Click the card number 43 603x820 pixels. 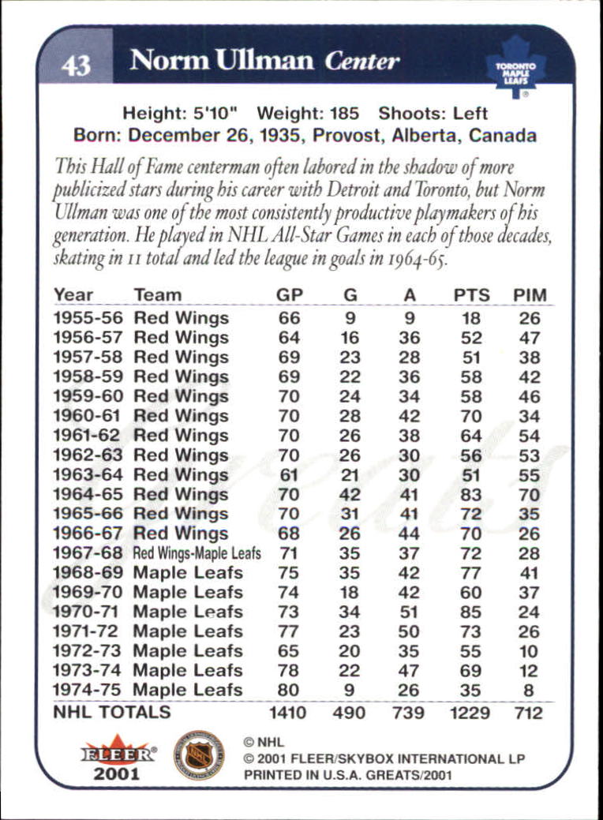(x=76, y=63)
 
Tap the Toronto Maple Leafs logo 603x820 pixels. (x=515, y=66)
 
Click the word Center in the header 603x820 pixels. (x=362, y=61)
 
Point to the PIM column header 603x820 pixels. (x=530, y=295)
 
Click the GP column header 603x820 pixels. (x=290, y=295)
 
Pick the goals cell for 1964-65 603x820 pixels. (x=350, y=495)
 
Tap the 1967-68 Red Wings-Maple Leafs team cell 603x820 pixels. (x=197, y=553)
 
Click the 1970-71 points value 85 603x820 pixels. (x=471, y=612)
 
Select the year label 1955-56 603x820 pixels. (x=86, y=318)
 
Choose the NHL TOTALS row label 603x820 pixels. (x=112, y=712)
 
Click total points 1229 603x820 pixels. (x=471, y=713)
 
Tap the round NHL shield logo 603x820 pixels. (x=198, y=755)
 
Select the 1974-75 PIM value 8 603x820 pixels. (x=529, y=691)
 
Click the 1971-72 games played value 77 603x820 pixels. (x=289, y=631)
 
